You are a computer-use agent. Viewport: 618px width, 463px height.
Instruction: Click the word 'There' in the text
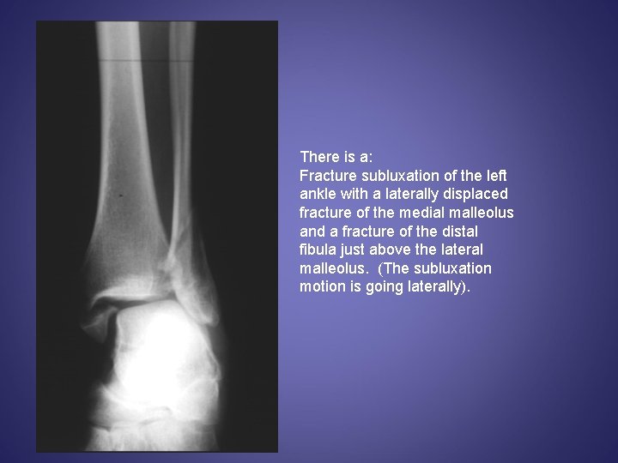coord(318,157)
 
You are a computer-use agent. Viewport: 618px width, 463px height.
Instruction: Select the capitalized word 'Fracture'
coord(327,176)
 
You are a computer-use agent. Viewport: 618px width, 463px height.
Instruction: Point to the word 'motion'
coord(321,287)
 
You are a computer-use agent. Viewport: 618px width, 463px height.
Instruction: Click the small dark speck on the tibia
coord(120,195)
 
